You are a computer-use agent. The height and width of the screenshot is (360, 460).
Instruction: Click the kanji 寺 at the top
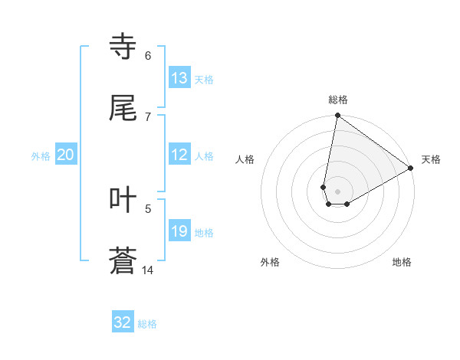point(123,47)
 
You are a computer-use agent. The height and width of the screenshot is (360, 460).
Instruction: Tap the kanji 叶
point(123,200)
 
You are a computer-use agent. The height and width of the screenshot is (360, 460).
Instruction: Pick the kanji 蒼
point(123,261)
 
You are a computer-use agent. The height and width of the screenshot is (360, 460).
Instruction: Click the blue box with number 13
point(179,78)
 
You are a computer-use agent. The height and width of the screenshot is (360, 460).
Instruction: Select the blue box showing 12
point(179,155)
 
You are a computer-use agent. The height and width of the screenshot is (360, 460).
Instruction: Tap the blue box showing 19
point(179,231)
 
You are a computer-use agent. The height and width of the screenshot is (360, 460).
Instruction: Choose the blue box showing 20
point(66,155)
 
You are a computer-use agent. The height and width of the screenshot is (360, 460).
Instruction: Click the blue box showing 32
point(123,322)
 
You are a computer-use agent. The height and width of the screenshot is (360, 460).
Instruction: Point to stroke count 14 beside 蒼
point(147,270)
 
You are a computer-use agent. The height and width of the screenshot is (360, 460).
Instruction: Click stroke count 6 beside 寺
point(148,55)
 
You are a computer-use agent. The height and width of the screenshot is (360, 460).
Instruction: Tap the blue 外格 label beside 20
point(41,156)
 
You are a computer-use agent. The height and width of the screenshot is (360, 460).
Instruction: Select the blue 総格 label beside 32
point(147,324)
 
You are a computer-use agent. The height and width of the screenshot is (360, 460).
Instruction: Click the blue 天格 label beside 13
point(204,80)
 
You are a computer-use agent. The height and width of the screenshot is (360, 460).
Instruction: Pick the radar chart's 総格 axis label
point(338,100)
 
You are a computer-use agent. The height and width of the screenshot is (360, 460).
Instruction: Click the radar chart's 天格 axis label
point(431,159)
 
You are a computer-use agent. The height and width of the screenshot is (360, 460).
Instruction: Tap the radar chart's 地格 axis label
point(402,262)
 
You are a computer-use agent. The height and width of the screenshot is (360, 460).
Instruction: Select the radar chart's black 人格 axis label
point(245,159)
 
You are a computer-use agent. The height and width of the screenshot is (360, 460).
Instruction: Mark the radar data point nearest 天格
point(411,169)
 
